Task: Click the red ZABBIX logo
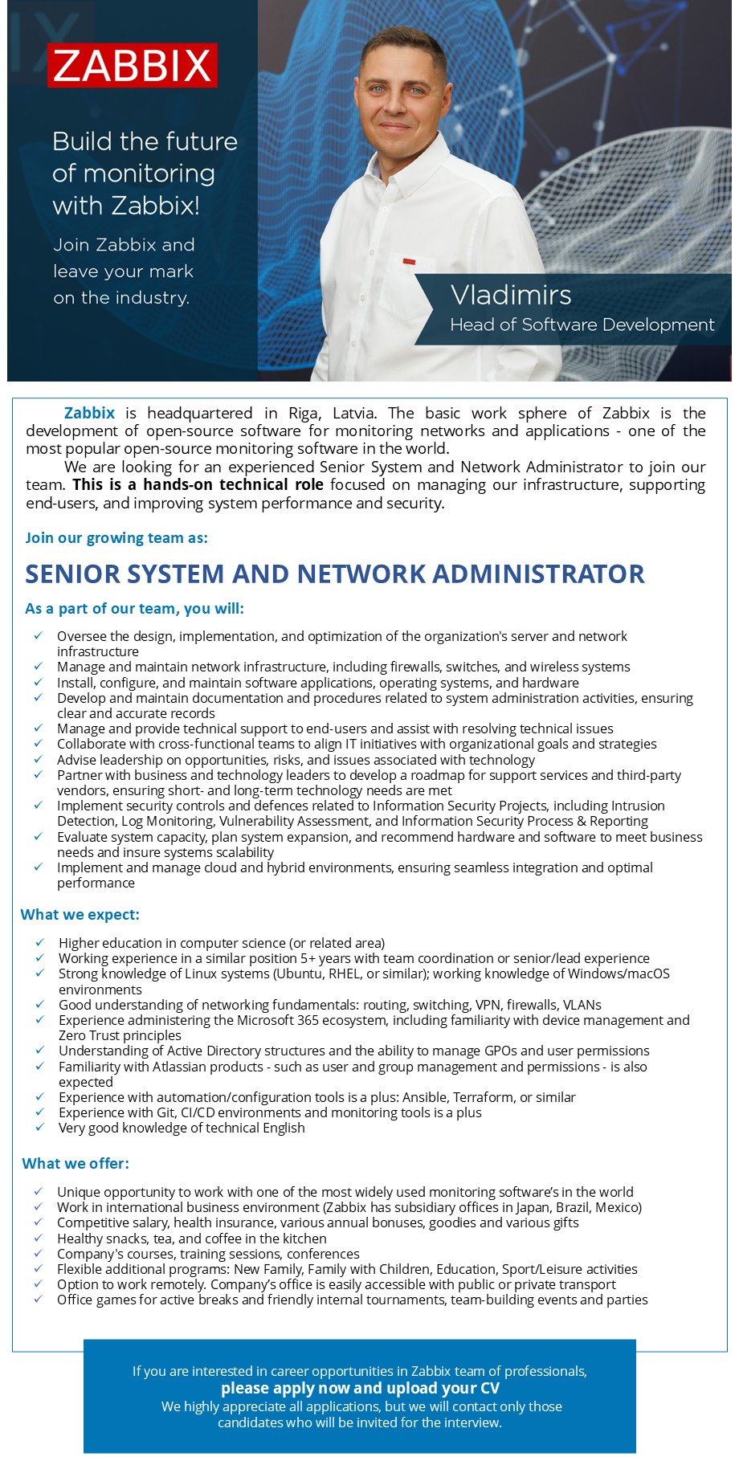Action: coord(133,65)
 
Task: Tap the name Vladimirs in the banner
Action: coord(511,295)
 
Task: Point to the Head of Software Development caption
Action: coord(582,324)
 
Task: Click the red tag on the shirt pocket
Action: coord(409,262)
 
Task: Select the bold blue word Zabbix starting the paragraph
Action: coord(89,413)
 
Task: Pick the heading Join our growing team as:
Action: coord(116,537)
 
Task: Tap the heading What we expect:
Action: coord(80,914)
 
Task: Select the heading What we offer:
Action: coord(76,1163)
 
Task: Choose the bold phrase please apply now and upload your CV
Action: coord(360,1388)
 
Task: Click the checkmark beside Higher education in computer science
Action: coord(40,942)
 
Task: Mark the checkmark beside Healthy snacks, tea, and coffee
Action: coord(39,1238)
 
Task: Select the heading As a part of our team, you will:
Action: coord(135,608)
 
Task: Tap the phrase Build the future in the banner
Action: coord(145,141)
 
